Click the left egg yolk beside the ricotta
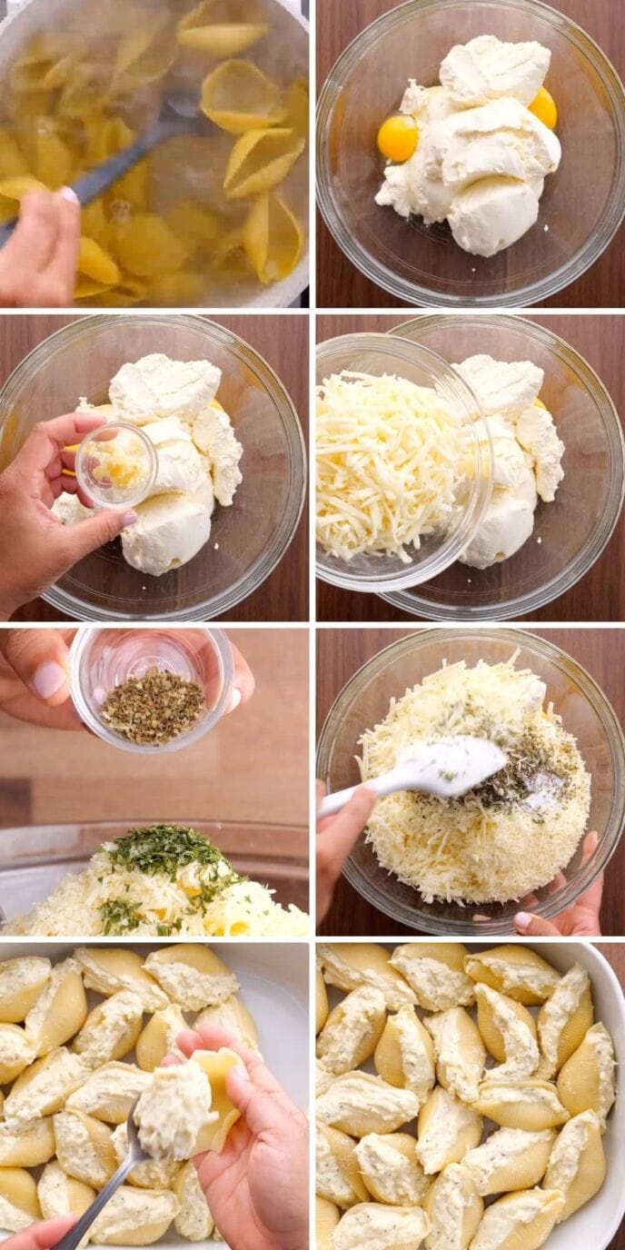point(397,138)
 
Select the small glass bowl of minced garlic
point(115,465)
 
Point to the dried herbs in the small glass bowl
point(153,705)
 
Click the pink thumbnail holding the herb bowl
point(47,680)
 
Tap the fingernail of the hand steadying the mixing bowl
point(524,919)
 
